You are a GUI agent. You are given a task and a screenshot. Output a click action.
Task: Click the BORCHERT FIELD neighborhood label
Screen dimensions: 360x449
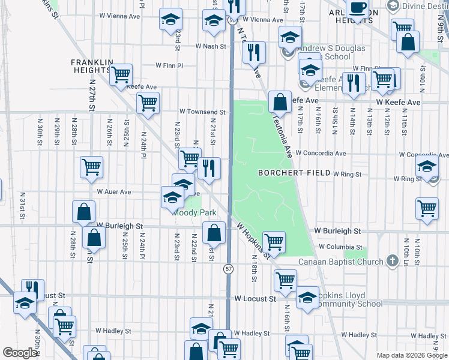point(294,173)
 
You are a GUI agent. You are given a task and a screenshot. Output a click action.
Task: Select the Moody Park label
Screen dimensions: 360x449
point(194,212)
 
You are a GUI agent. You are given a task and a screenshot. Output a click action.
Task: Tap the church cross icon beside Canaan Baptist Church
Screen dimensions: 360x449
point(392,261)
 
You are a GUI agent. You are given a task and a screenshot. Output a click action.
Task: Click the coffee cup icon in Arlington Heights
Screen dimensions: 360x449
point(358,8)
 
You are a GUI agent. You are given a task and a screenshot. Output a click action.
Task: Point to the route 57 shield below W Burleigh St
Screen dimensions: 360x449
point(229,269)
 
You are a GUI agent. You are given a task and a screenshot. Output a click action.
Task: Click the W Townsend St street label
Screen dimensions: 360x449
point(202,112)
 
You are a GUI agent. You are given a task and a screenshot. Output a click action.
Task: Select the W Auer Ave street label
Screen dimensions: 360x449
point(113,192)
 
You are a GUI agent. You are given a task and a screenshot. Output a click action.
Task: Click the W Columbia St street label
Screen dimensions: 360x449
point(340,247)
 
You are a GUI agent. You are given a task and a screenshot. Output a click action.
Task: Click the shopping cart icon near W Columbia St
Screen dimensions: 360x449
point(274,242)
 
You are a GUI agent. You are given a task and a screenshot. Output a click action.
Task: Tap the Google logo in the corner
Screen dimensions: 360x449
point(20,353)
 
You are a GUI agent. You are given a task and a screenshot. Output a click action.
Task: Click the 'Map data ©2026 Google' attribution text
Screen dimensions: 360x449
point(411,355)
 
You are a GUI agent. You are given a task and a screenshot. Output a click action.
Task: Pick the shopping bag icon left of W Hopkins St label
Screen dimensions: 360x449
point(214,232)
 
